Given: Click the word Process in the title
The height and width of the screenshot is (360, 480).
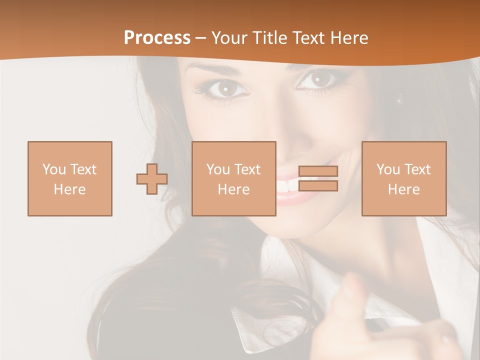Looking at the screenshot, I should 157,38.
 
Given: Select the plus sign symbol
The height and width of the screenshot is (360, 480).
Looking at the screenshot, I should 152,178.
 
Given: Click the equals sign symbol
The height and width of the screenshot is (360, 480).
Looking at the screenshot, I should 318,178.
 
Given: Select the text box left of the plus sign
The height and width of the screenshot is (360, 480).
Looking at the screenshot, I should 70,178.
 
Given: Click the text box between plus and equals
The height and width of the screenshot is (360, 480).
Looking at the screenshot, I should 233,178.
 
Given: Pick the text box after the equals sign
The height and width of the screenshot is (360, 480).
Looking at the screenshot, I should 404,178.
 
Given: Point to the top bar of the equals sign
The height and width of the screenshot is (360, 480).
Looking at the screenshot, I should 318,171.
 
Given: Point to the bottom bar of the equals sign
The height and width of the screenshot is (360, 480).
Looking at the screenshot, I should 318,186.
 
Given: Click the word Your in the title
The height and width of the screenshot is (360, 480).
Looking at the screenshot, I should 229,38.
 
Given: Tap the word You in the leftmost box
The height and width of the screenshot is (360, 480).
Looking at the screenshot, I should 53,169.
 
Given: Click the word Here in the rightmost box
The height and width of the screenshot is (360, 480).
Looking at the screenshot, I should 404,189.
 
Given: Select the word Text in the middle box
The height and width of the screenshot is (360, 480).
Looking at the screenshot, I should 247,169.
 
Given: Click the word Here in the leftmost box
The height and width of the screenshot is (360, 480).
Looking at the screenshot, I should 70,189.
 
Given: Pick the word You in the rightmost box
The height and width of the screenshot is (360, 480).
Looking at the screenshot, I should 388,169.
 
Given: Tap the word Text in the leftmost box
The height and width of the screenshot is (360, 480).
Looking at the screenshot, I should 83,169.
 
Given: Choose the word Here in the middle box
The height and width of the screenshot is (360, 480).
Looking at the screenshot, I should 233,189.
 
